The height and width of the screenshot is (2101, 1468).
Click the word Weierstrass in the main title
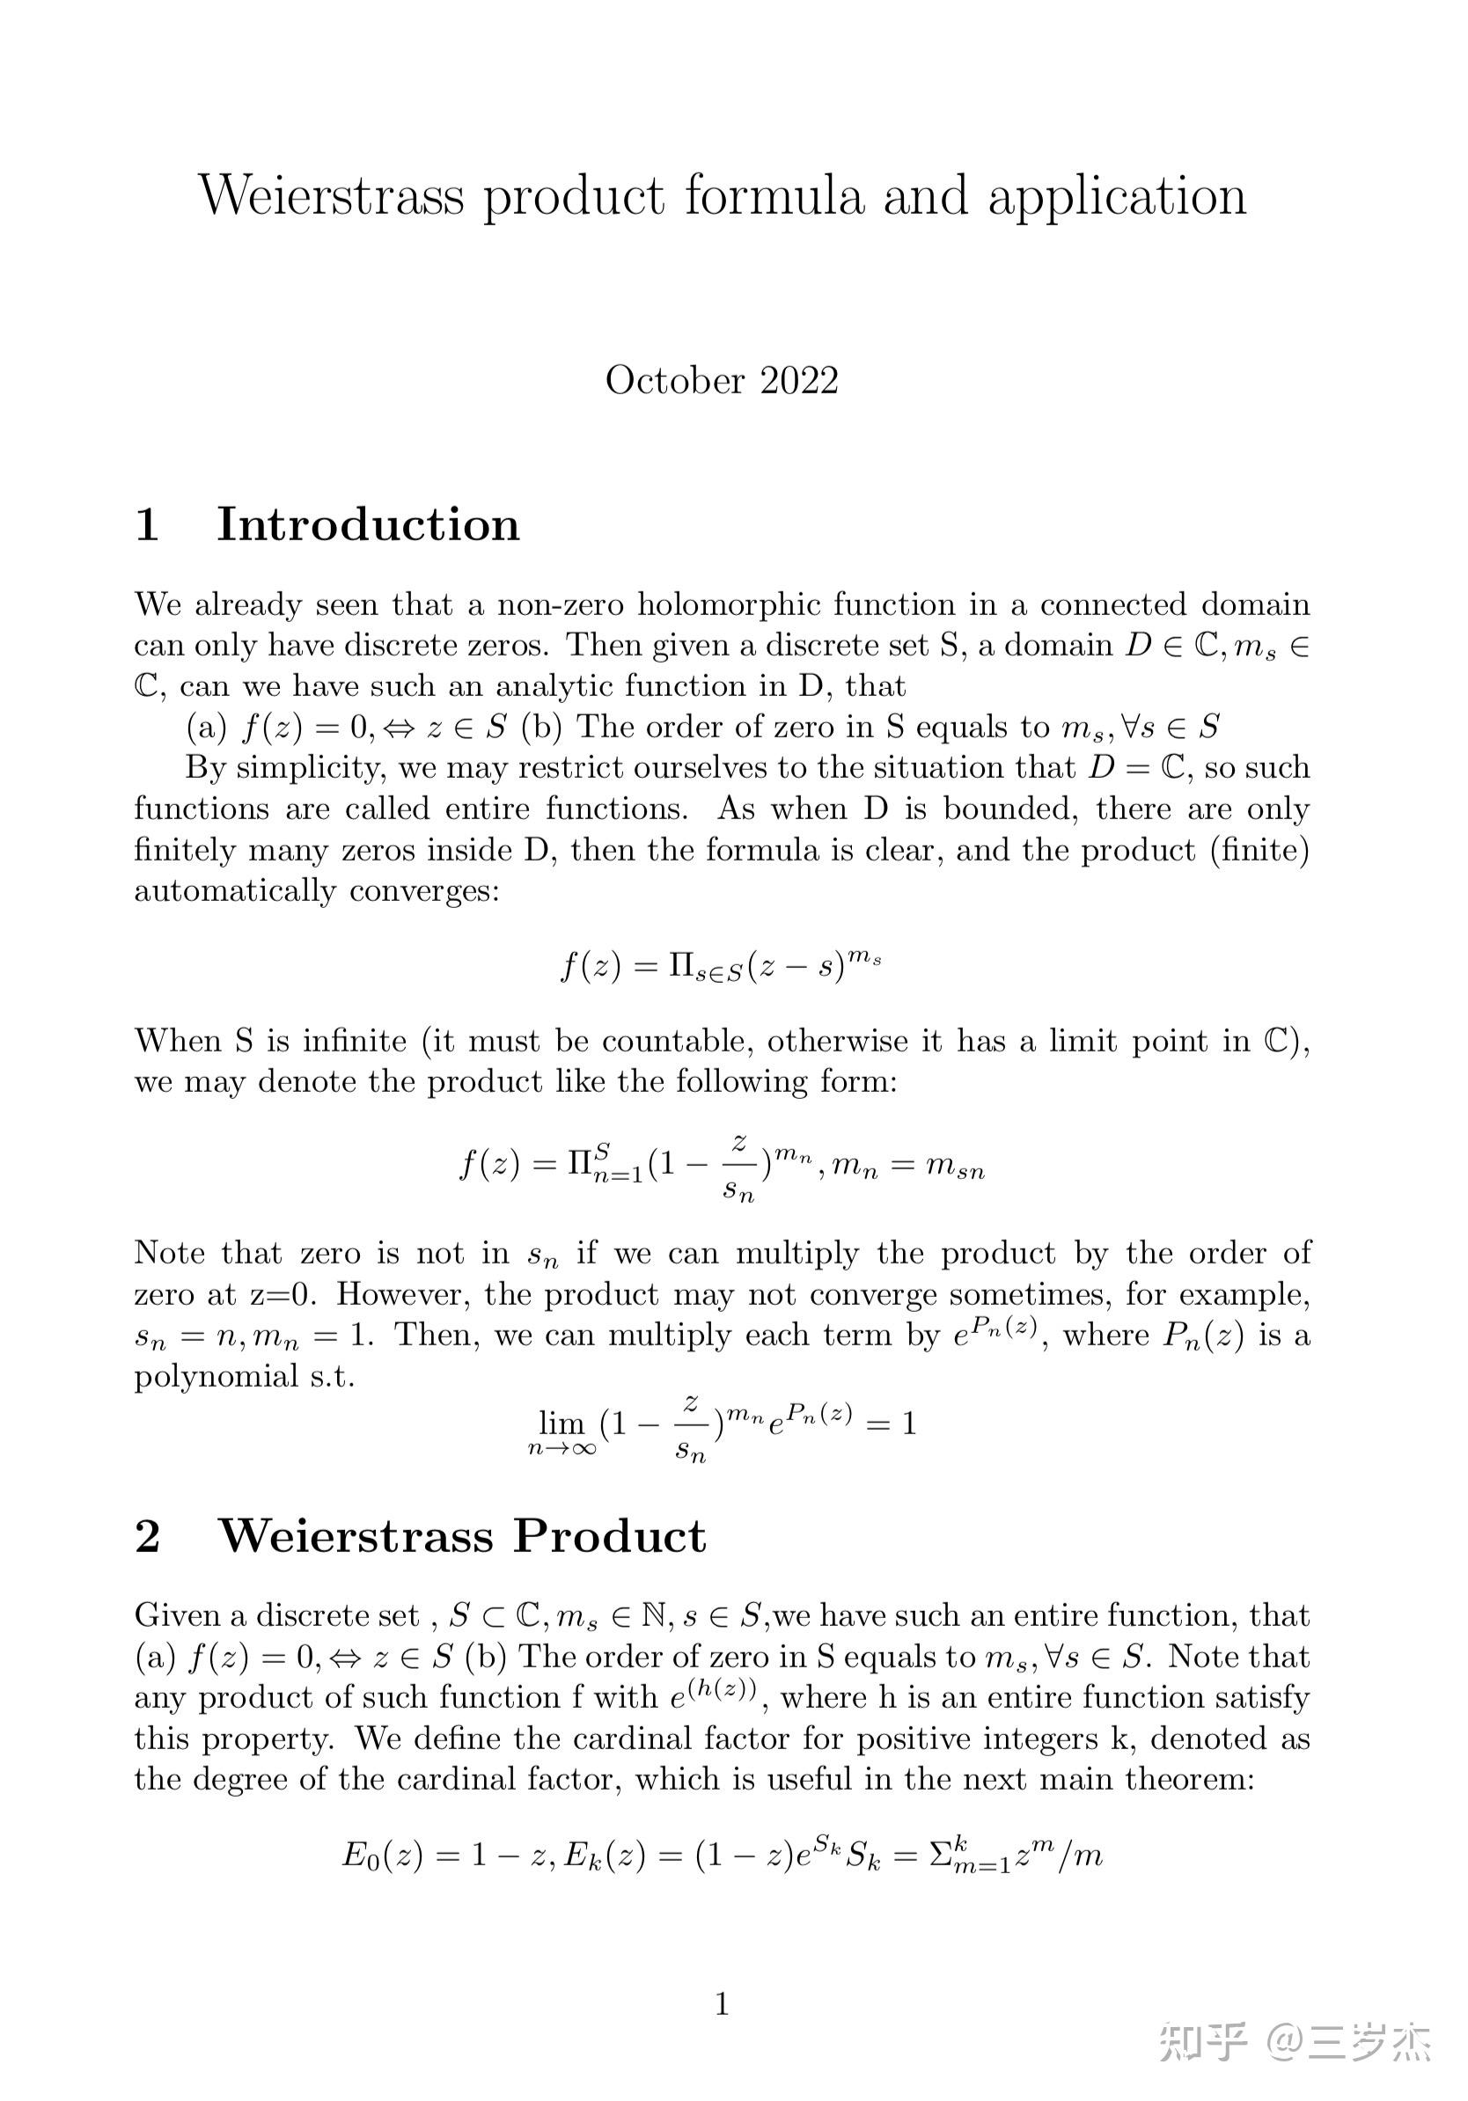[331, 196]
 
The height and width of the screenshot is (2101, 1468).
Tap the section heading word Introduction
[367, 524]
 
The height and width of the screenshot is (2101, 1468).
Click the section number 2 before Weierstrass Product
[148, 1536]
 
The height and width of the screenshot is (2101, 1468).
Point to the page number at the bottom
[721, 2003]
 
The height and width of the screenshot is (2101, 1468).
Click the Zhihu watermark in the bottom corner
[1294, 2040]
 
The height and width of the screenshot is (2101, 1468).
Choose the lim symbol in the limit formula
[561, 1422]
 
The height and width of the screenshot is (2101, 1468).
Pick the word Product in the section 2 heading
[609, 1536]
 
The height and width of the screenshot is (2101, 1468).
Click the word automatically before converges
[234, 891]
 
